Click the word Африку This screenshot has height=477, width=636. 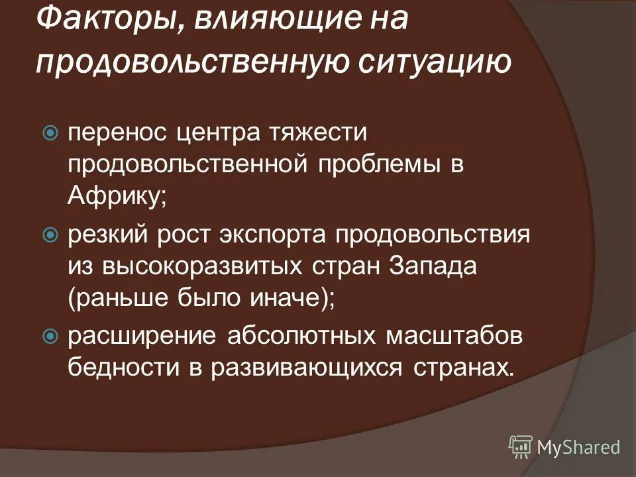click(x=117, y=195)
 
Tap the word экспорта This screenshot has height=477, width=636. click(x=280, y=235)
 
